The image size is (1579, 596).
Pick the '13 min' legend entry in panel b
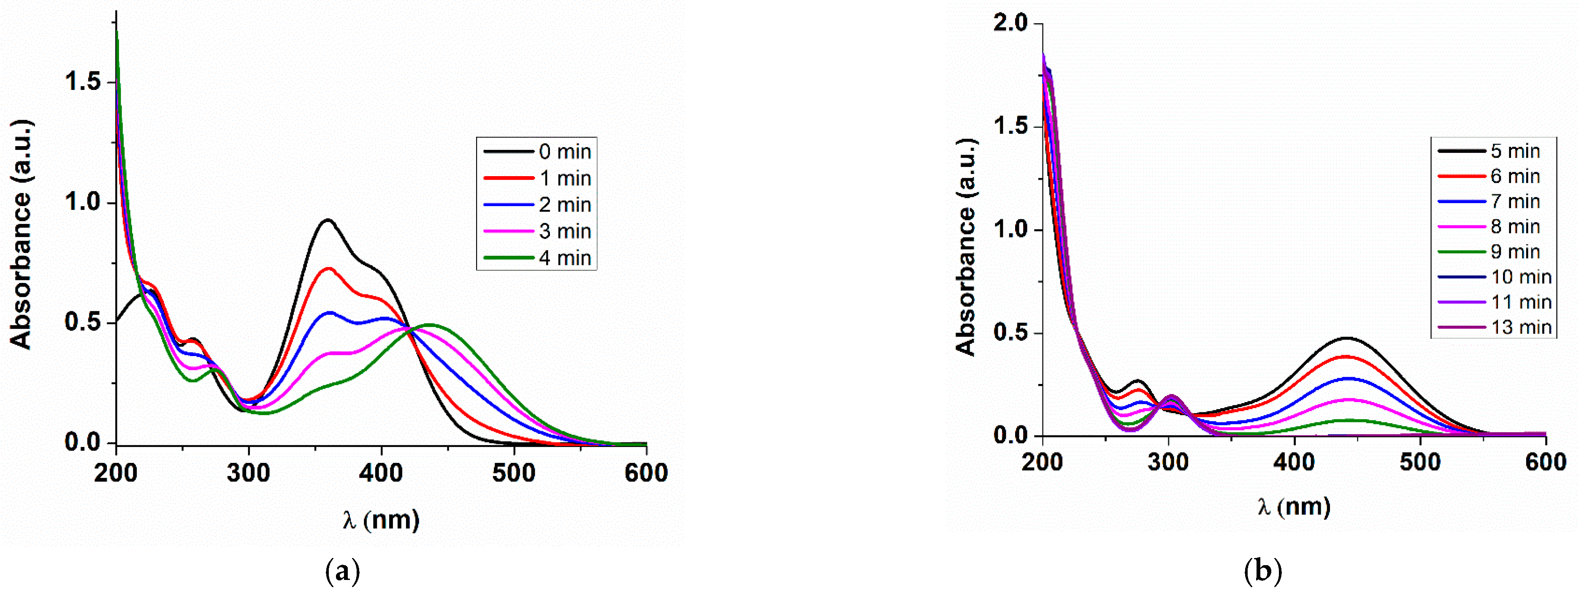click(x=1520, y=327)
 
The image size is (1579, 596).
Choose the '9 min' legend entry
click(x=1515, y=252)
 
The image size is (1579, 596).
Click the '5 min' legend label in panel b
click(x=1515, y=151)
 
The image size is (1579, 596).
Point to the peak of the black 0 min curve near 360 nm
click(x=328, y=220)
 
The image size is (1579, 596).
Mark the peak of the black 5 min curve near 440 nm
click(x=1346, y=338)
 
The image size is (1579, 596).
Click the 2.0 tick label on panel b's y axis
click(x=1010, y=23)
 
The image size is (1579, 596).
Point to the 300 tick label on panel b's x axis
click(x=1168, y=463)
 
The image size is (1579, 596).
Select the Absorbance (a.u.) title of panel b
click(x=966, y=247)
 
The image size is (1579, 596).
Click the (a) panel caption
click(x=342, y=572)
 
